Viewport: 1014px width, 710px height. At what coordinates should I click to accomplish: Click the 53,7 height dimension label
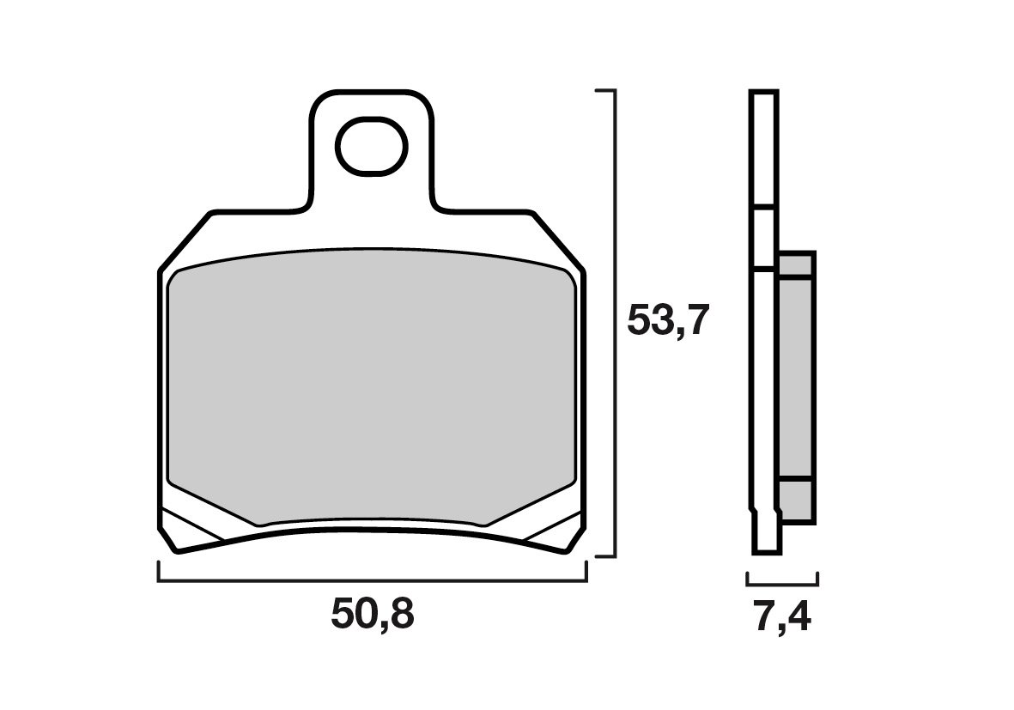(x=669, y=321)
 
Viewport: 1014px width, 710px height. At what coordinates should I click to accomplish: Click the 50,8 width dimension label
(x=372, y=615)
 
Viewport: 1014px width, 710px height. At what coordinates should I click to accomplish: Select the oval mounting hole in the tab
(x=371, y=146)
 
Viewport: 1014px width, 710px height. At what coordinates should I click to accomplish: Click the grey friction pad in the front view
(x=371, y=385)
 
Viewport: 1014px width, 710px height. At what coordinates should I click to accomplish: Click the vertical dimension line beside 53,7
(x=615, y=324)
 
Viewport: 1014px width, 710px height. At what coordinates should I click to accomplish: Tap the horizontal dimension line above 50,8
(x=373, y=580)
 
